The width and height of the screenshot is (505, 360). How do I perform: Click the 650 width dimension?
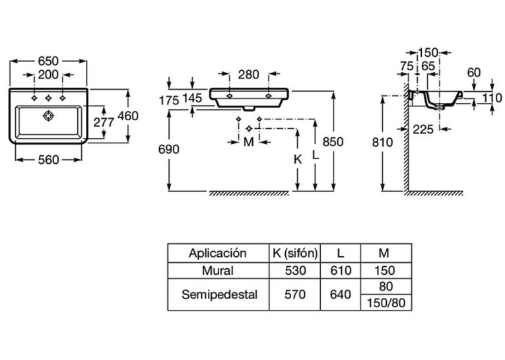click(48, 61)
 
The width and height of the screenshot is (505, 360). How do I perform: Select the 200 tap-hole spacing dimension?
click(48, 75)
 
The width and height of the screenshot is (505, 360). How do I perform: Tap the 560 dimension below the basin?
click(48, 160)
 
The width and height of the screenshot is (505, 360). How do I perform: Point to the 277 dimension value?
click(104, 122)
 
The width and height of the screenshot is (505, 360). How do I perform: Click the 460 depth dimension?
click(128, 116)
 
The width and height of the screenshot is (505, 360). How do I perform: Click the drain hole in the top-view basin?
click(48, 116)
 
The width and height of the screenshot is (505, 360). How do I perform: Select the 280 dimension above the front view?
click(249, 75)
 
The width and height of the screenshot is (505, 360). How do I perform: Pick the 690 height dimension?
click(169, 149)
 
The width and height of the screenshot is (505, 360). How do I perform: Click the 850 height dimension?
click(333, 141)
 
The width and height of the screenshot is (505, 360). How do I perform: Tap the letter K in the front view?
click(298, 159)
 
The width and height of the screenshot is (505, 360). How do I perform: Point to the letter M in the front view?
click(249, 141)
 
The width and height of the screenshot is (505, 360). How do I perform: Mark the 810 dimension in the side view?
click(382, 142)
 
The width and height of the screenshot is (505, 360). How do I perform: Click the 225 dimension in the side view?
click(423, 129)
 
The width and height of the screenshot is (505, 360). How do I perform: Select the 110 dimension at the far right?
click(492, 98)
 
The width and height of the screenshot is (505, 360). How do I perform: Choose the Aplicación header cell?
click(218, 253)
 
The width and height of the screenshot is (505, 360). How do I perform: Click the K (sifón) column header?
click(295, 253)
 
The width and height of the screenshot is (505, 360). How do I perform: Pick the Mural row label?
click(218, 270)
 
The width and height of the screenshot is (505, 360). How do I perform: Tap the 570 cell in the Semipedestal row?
click(295, 294)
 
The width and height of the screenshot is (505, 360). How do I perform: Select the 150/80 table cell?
click(386, 303)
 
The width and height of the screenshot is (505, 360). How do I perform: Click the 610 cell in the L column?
click(341, 270)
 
